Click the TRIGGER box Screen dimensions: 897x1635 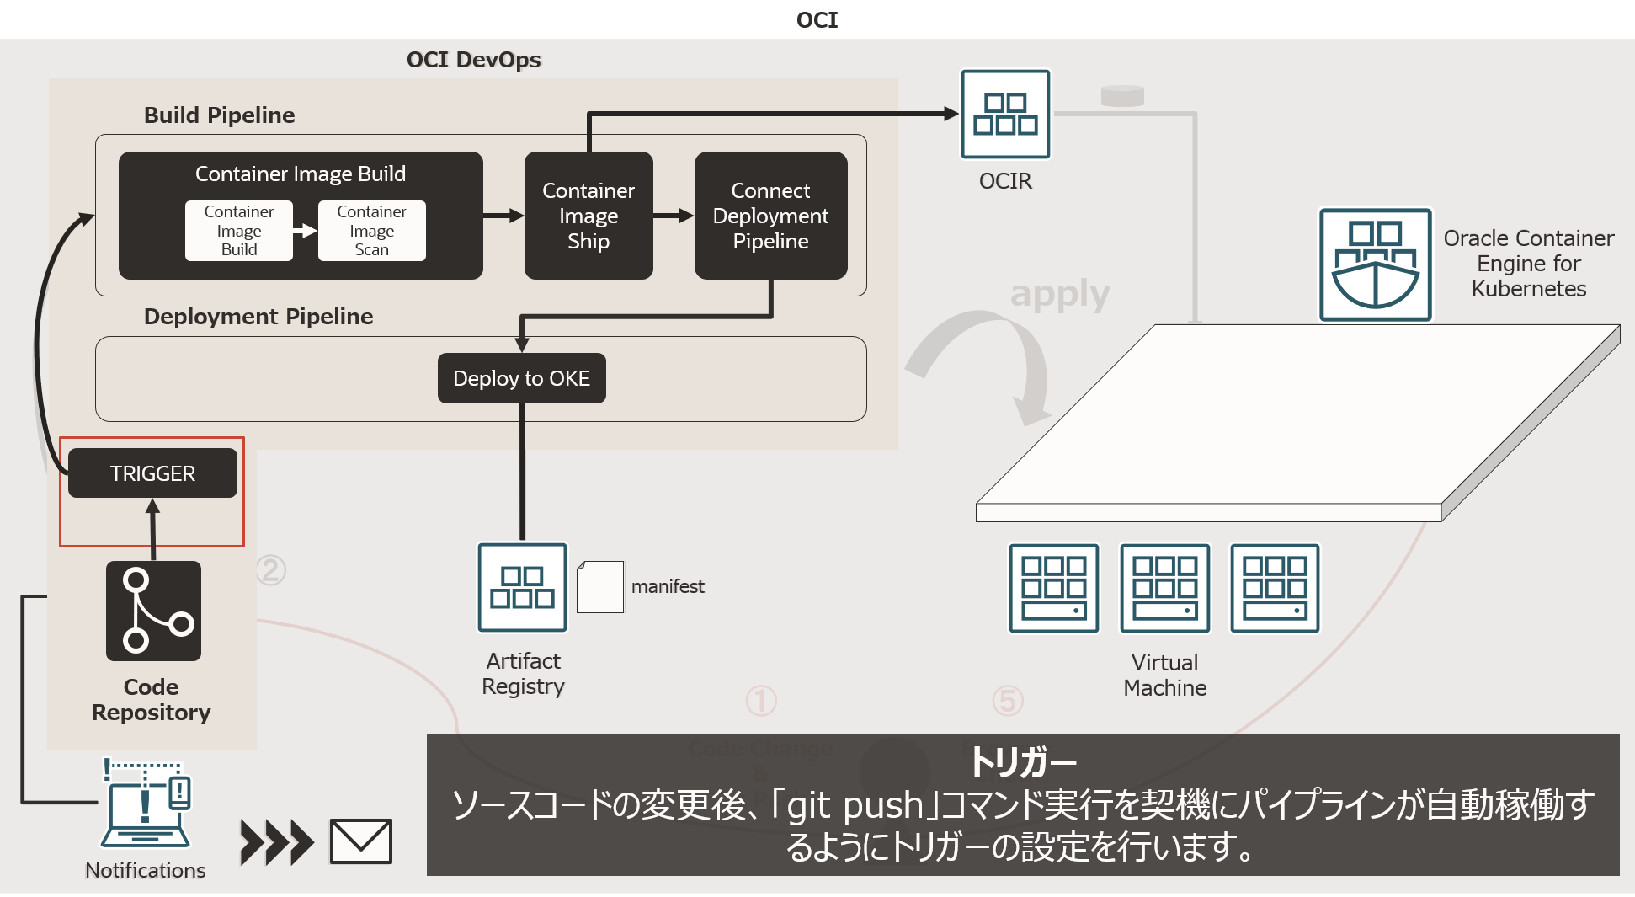click(x=152, y=473)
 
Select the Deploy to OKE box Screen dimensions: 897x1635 click(x=521, y=378)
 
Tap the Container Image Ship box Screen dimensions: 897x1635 click(x=588, y=216)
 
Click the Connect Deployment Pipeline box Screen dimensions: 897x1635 click(x=770, y=216)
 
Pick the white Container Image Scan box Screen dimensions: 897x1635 click(x=371, y=230)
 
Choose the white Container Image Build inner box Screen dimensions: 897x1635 click(x=239, y=230)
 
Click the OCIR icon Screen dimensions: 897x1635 click(x=1005, y=114)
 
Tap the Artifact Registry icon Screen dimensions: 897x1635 click(x=522, y=587)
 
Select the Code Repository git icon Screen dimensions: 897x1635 click(x=153, y=611)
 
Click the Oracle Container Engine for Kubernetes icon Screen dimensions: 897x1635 click(x=1375, y=264)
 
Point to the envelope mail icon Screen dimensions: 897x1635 click(x=360, y=841)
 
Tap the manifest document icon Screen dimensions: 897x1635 click(x=600, y=587)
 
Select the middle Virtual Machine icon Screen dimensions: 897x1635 click(x=1164, y=588)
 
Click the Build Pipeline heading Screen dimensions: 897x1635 click(x=219, y=115)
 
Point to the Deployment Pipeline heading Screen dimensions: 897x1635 click(x=258, y=317)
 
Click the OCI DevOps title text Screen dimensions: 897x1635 click(x=473, y=60)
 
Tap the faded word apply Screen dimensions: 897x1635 click(x=1060, y=294)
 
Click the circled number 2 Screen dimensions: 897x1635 click(x=271, y=570)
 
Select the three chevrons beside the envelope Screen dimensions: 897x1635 click(x=276, y=842)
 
